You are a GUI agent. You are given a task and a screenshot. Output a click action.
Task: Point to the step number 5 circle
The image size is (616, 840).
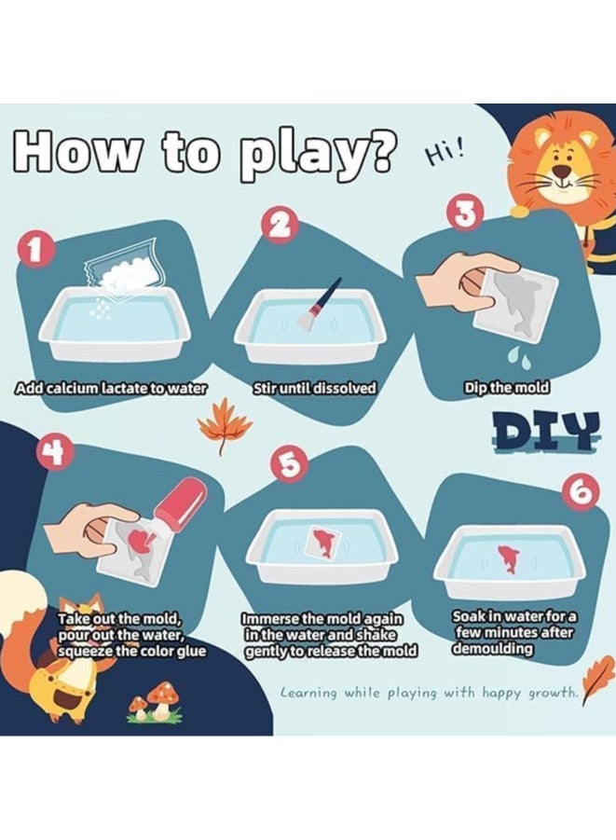coord(288,464)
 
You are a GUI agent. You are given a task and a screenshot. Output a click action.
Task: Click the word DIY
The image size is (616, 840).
coord(545,430)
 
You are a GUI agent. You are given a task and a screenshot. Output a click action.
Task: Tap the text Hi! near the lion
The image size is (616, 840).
coord(443,154)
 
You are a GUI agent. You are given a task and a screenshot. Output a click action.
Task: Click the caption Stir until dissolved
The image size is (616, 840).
coord(314,388)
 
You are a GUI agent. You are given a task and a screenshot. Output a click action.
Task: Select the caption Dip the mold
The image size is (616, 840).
coord(506,387)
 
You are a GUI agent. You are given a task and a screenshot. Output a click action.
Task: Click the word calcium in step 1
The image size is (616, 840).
coord(69,389)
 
